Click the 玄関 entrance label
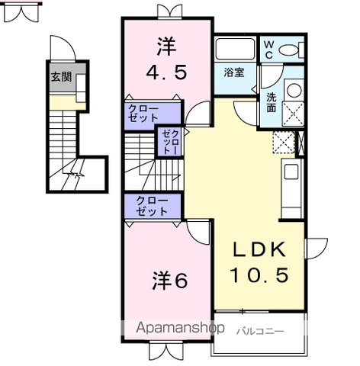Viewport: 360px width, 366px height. pos(61,77)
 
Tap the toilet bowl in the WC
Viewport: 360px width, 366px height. pos(289,50)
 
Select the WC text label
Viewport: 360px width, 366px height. pos(268,50)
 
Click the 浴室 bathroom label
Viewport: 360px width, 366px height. pos(234,72)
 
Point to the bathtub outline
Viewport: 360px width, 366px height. pos(235,49)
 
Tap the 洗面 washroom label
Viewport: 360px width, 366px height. pos(272,103)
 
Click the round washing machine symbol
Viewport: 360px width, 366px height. pos(294,90)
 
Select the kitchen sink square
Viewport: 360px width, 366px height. pos(291,172)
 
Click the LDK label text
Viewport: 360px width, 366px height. pos(259,249)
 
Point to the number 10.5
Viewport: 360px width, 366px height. pos(259,274)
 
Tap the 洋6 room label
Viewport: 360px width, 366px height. pos(170,281)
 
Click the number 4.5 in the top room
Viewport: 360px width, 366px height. pos(166,72)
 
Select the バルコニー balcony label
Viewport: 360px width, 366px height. pos(260,332)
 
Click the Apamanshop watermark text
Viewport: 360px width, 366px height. pos(180,328)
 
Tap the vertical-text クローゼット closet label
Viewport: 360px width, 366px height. pos(170,142)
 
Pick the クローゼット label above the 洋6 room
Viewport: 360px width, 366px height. pos(152,206)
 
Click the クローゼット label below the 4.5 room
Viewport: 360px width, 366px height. pos(143,114)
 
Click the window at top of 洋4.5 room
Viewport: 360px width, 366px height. pos(170,11)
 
